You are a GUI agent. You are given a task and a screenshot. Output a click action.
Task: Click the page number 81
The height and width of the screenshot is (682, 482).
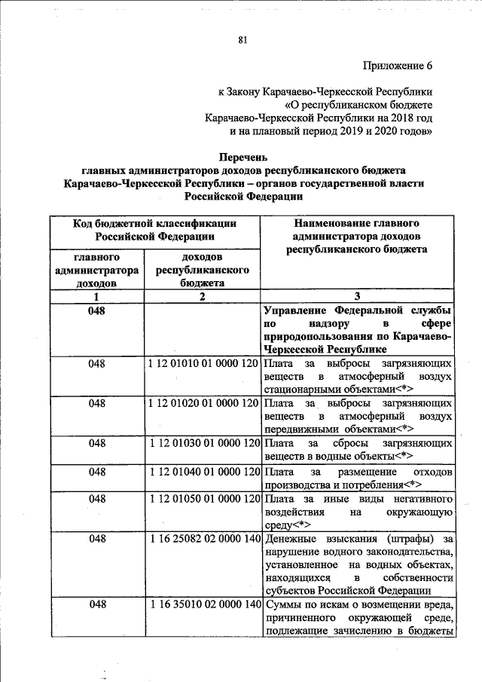click(242, 40)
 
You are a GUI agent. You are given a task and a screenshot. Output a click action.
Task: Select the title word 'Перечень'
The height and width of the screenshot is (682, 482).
click(243, 158)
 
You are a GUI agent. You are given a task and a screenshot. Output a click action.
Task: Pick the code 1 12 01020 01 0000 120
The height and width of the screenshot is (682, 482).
click(203, 403)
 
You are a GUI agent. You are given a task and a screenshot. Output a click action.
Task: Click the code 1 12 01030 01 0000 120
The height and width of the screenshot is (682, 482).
click(203, 443)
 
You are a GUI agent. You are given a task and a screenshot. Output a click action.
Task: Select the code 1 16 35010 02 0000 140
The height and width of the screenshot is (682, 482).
click(203, 604)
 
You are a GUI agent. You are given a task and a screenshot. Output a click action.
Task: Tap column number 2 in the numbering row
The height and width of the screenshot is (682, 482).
click(202, 296)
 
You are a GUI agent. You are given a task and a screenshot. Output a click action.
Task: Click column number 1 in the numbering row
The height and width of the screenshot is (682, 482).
click(96, 296)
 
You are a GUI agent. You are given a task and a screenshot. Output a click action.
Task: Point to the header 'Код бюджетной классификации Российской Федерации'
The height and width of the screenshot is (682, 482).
click(154, 229)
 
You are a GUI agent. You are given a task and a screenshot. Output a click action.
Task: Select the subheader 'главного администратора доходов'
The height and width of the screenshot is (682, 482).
click(96, 269)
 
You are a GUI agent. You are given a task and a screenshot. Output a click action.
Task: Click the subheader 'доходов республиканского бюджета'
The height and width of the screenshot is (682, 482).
click(202, 269)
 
